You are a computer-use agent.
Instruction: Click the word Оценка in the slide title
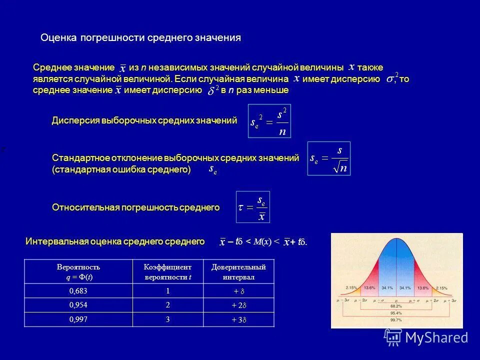[57, 38]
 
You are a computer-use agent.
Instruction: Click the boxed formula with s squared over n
[269, 121]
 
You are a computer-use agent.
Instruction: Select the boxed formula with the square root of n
[328, 158]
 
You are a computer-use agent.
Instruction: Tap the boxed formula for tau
[252, 207]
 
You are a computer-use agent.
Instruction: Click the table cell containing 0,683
[78, 290]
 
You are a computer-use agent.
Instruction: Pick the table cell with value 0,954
[78, 305]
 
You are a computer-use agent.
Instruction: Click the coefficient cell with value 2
[168, 305]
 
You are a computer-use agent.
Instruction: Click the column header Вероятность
[78, 267]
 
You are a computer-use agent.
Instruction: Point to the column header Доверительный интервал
[239, 271]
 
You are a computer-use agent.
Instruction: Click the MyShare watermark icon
[392, 337]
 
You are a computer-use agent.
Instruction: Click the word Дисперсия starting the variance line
[75, 120]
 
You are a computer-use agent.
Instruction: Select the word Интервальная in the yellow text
[56, 242]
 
